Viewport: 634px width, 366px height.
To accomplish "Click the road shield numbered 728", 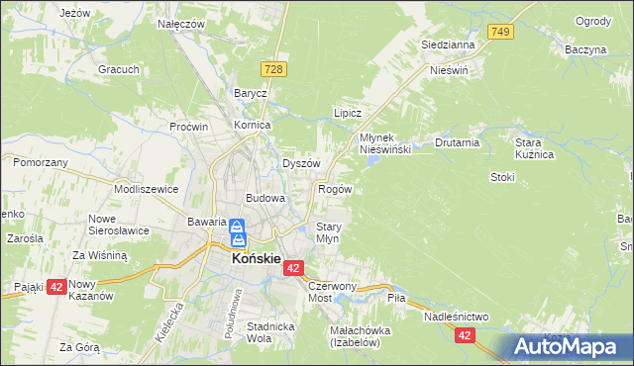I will point(275,67).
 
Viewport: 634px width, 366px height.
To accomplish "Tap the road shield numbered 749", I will point(502,33).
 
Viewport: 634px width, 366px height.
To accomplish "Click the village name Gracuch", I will point(117,70).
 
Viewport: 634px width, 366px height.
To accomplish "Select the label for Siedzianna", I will point(448,45).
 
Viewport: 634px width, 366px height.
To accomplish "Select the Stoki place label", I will point(503,177).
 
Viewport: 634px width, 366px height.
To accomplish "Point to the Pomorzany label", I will point(41,160).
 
